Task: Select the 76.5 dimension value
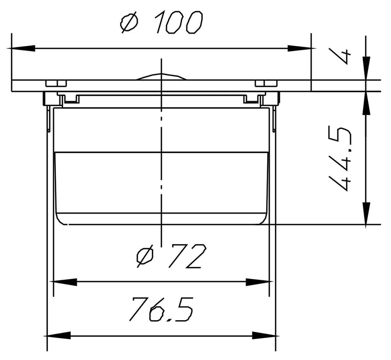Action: pos(161,309)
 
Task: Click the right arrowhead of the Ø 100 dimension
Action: pos(299,48)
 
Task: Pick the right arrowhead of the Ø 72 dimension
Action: pos(258,282)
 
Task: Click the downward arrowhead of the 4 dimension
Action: pos(366,68)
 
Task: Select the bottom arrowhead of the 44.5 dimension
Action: pos(366,213)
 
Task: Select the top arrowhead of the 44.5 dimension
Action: pos(366,104)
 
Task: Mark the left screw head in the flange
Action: pos(56,84)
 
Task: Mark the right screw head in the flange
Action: pos(266,84)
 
